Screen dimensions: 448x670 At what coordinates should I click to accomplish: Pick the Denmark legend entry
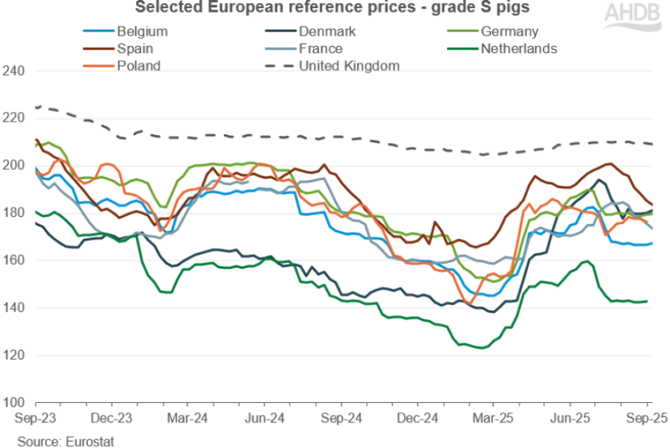point(325,31)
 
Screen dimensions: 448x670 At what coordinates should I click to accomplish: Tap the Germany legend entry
point(509,31)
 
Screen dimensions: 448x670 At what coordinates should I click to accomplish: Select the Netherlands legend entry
point(517,49)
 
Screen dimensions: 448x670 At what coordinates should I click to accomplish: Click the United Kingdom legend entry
point(350,66)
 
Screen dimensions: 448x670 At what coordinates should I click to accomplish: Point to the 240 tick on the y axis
point(15,71)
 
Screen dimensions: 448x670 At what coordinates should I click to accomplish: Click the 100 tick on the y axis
point(15,403)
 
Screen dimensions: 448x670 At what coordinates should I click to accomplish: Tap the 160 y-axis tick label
point(15,261)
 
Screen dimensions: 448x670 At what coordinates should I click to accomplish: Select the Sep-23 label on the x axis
point(36,420)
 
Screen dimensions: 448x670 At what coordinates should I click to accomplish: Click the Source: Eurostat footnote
point(66,440)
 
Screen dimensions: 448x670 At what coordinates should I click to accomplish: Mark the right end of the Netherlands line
point(647,301)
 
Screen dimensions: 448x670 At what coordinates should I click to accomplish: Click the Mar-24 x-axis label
point(188,420)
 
